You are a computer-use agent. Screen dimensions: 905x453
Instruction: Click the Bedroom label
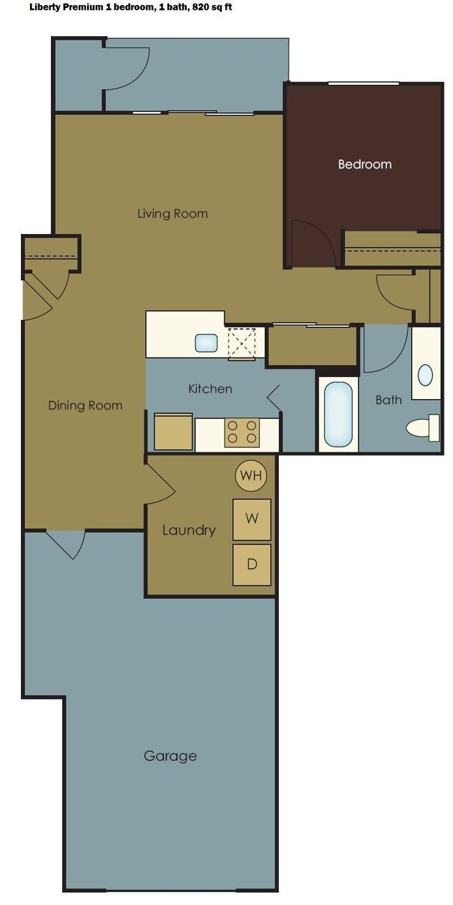(x=364, y=164)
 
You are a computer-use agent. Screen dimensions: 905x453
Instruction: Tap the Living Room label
(x=172, y=213)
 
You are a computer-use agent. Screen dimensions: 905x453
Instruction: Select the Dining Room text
(x=85, y=405)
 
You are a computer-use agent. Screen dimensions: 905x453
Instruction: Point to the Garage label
(x=170, y=756)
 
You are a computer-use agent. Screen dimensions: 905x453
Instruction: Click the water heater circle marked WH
(x=251, y=476)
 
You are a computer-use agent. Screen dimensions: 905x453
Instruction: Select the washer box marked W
(x=252, y=519)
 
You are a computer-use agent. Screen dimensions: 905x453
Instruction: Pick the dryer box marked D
(x=252, y=564)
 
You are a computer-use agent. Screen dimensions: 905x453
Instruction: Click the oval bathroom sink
(x=424, y=375)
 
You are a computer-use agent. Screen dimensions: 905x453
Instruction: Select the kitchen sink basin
(x=206, y=343)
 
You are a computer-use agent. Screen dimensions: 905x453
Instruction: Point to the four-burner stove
(x=242, y=432)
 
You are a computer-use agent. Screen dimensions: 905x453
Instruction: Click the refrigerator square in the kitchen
(x=173, y=432)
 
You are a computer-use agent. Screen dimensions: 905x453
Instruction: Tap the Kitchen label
(x=210, y=389)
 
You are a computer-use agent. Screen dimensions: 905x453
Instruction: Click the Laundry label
(x=188, y=530)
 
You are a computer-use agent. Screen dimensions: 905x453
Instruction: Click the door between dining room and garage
(x=66, y=543)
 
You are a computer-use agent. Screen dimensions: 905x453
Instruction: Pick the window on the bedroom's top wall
(x=363, y=84)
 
